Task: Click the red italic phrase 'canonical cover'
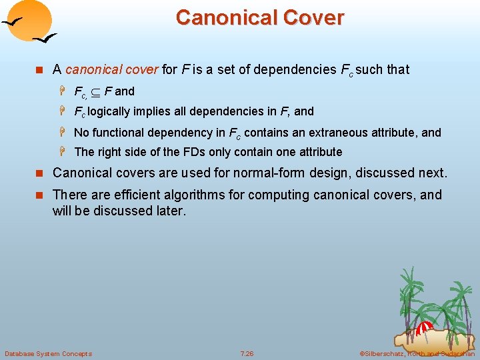112,69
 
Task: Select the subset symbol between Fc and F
94,91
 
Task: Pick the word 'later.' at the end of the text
171,211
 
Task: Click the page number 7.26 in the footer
247,353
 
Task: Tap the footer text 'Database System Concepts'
48,353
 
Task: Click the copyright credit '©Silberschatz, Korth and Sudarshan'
417,353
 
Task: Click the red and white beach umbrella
424,327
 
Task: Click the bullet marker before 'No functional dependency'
66,133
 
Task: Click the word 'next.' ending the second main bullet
431,173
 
